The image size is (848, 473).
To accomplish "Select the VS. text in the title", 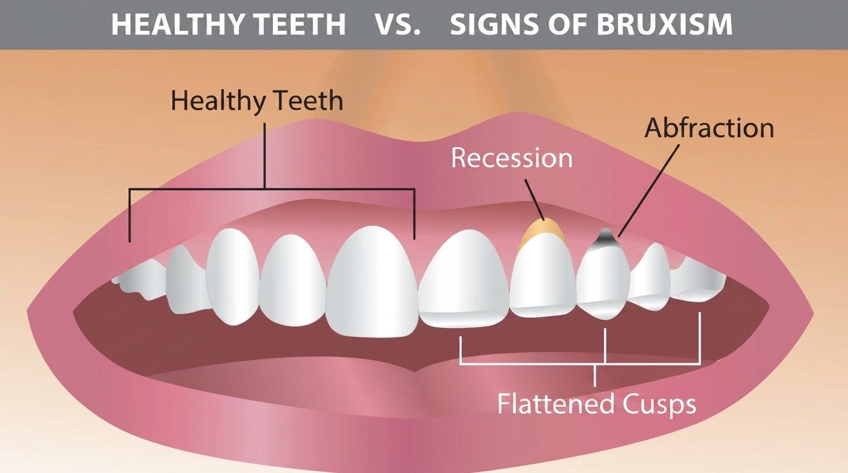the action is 397,25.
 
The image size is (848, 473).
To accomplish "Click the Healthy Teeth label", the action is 256,101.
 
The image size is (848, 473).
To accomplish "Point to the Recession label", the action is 512,158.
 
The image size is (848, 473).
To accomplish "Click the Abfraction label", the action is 709,128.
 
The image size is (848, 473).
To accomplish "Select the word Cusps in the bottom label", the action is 659,405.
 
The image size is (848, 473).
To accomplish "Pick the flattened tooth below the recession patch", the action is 542,277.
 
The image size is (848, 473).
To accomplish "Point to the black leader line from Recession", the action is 534,198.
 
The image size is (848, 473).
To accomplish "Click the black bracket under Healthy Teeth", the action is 271,187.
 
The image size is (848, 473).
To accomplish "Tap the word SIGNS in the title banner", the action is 489,25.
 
